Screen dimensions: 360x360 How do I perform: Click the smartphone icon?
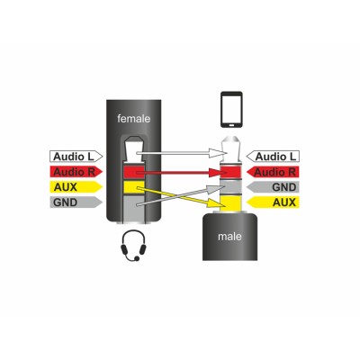231,110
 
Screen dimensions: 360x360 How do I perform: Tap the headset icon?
133,246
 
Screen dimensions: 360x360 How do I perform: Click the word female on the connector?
133,119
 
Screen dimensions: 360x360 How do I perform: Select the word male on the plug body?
229,237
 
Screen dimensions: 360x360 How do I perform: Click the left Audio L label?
76,157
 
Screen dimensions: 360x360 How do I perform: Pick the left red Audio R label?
76,172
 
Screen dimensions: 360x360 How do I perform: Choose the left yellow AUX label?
76,187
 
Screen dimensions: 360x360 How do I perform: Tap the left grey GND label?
76,202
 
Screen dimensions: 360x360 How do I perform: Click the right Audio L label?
273,157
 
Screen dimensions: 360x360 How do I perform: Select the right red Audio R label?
273,172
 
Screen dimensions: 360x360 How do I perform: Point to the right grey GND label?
273,187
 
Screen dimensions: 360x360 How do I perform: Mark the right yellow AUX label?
273,202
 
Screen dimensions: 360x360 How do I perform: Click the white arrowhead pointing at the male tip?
218,153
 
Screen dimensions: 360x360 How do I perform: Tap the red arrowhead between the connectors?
218,173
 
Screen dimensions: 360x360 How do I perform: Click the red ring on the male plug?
229,173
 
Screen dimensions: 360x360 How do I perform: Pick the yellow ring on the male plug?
229,203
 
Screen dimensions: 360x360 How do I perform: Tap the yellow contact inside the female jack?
134,187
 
